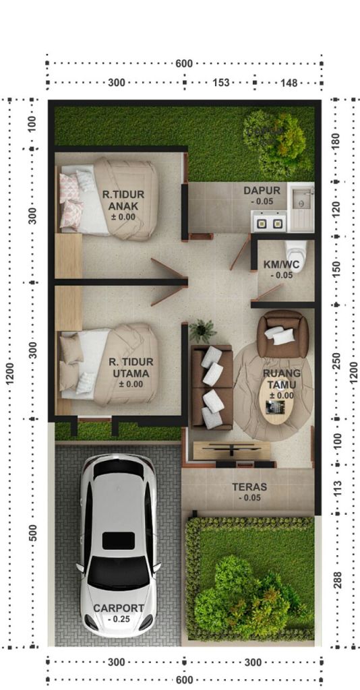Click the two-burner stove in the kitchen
269,222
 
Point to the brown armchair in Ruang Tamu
282,334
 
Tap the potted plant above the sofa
202,331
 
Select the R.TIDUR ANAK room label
123,199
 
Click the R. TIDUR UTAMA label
131,367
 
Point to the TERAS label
249,487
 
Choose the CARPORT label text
119,608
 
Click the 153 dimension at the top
221,82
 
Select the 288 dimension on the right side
338,581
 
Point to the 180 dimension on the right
338,142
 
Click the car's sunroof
119,540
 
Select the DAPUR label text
262,191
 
